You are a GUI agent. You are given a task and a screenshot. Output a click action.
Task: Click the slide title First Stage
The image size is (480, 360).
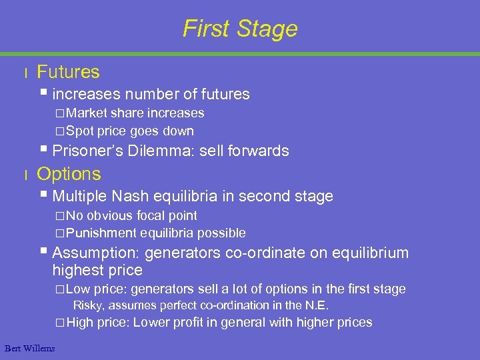point(240,29)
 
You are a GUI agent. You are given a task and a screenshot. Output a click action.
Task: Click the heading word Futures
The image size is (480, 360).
point(68,72)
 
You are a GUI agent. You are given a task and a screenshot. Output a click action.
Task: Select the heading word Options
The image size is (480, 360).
point(69,174)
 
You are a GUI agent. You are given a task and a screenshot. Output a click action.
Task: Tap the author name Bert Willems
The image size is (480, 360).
point(29,348)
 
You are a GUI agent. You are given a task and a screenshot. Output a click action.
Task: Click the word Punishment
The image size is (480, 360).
point(101,233)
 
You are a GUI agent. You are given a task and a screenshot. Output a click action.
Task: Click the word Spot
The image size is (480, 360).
point(80,131)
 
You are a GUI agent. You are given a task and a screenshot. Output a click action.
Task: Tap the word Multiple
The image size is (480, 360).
point(80,196)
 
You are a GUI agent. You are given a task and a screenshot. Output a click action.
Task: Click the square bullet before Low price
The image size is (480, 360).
point(60,289)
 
